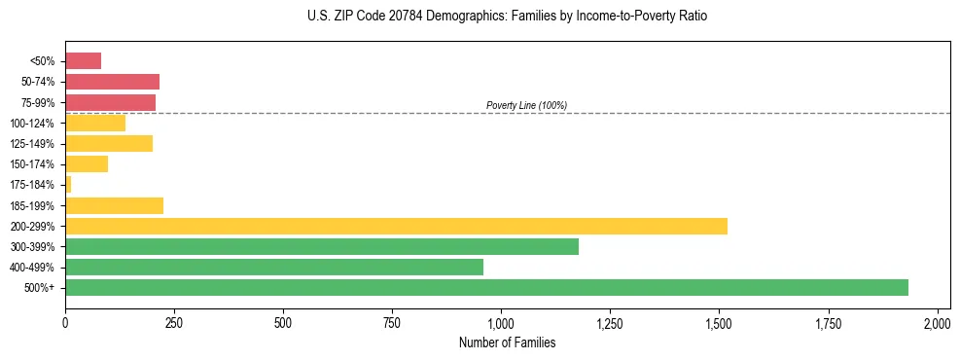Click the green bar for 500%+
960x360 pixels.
coord(486,287)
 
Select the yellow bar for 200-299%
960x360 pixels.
coord(396,226)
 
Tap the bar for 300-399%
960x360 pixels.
coord(322,246)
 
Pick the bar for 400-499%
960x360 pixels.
coord(274,267)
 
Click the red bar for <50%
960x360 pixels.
coord(83,61)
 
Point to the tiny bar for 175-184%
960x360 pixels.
coord(68,185)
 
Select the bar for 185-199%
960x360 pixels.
coord(114,205)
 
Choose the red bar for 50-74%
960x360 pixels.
coord(112,82)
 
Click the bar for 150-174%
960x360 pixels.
coord(87,164)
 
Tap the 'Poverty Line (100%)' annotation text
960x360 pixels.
coord(526,105)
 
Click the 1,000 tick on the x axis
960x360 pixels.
coord(501,322)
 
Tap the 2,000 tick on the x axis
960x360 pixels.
coord(937,322)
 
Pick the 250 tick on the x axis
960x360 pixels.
coord(174,322)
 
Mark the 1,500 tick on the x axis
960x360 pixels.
coord(719,322)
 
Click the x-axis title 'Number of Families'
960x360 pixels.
coord(508,342)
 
